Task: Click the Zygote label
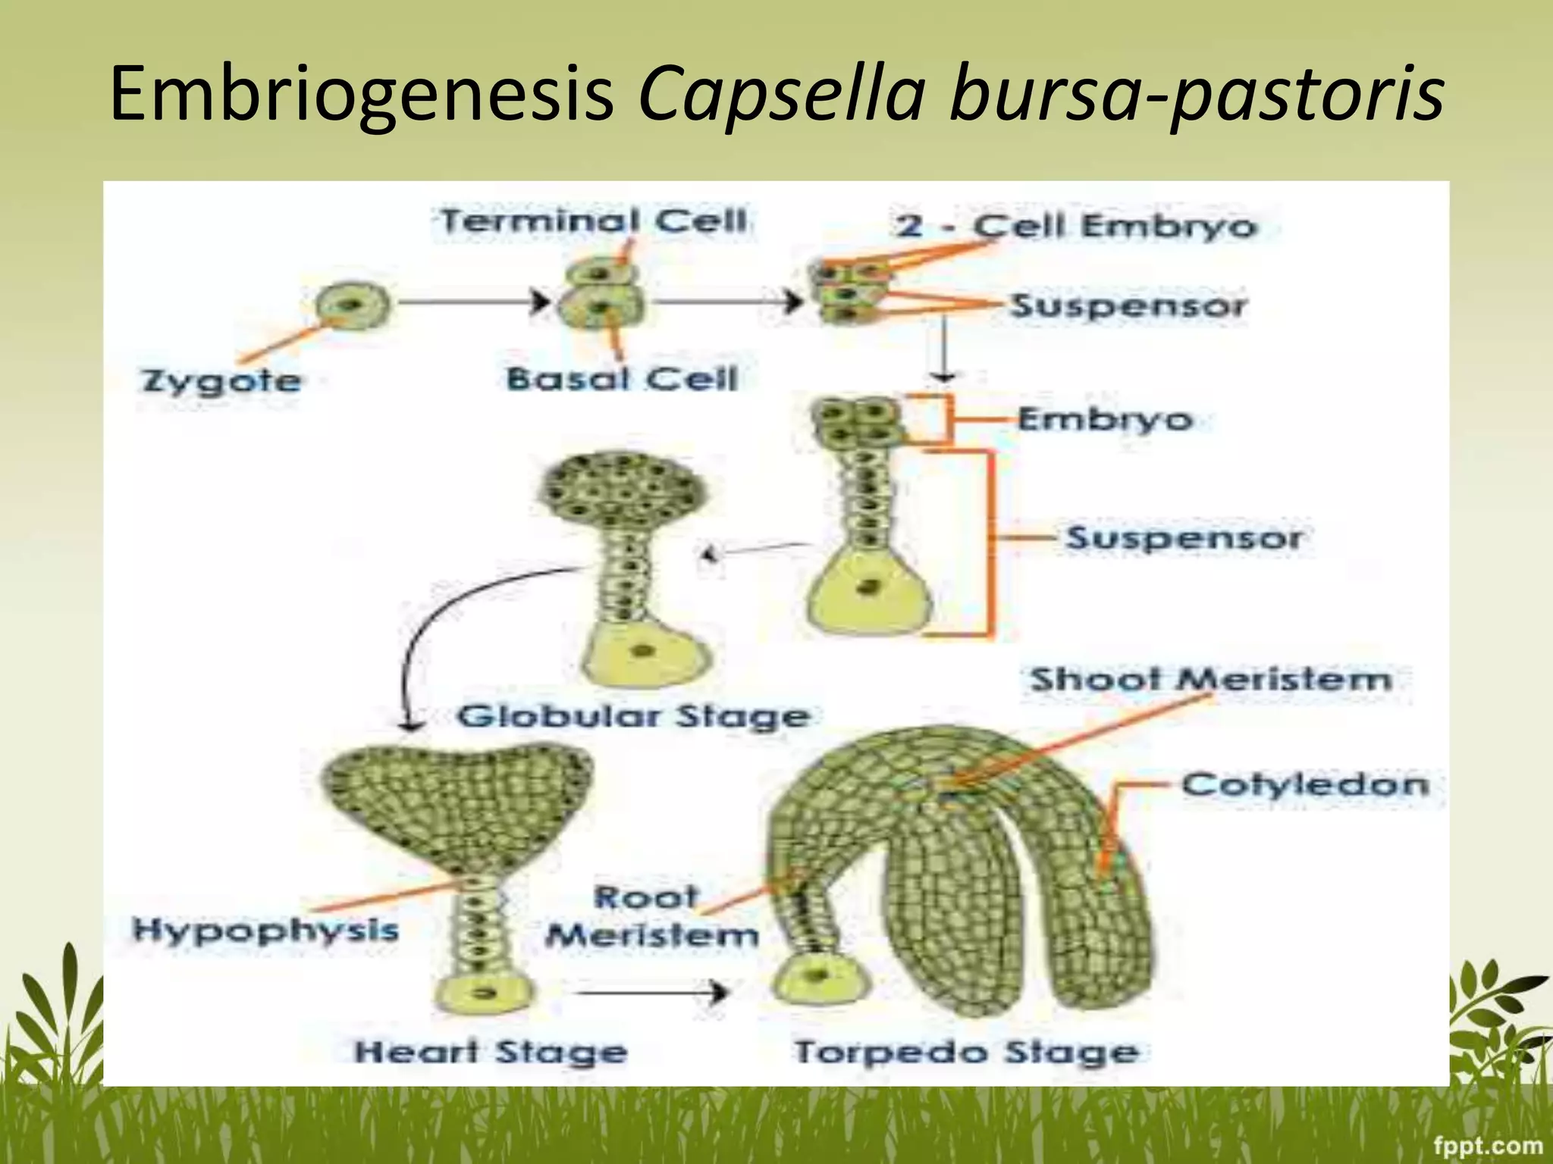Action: point(221,380)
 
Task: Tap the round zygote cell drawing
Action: point(353,305)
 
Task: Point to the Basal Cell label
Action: point(622,378)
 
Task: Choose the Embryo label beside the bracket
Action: point(1105,418)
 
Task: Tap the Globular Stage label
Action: point(633,716)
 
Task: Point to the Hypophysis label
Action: point(265,930)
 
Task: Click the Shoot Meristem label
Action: point(1211,679)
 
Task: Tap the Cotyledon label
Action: point(1304,784)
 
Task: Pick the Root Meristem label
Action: point(651,917)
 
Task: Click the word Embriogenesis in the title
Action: point(361,95)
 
